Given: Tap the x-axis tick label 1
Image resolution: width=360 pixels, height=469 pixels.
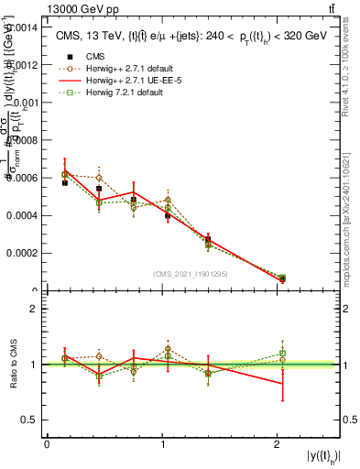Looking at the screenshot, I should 163,443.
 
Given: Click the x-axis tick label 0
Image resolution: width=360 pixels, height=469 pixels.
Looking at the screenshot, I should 47,443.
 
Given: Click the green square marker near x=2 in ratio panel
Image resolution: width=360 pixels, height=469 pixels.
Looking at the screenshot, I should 283,353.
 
